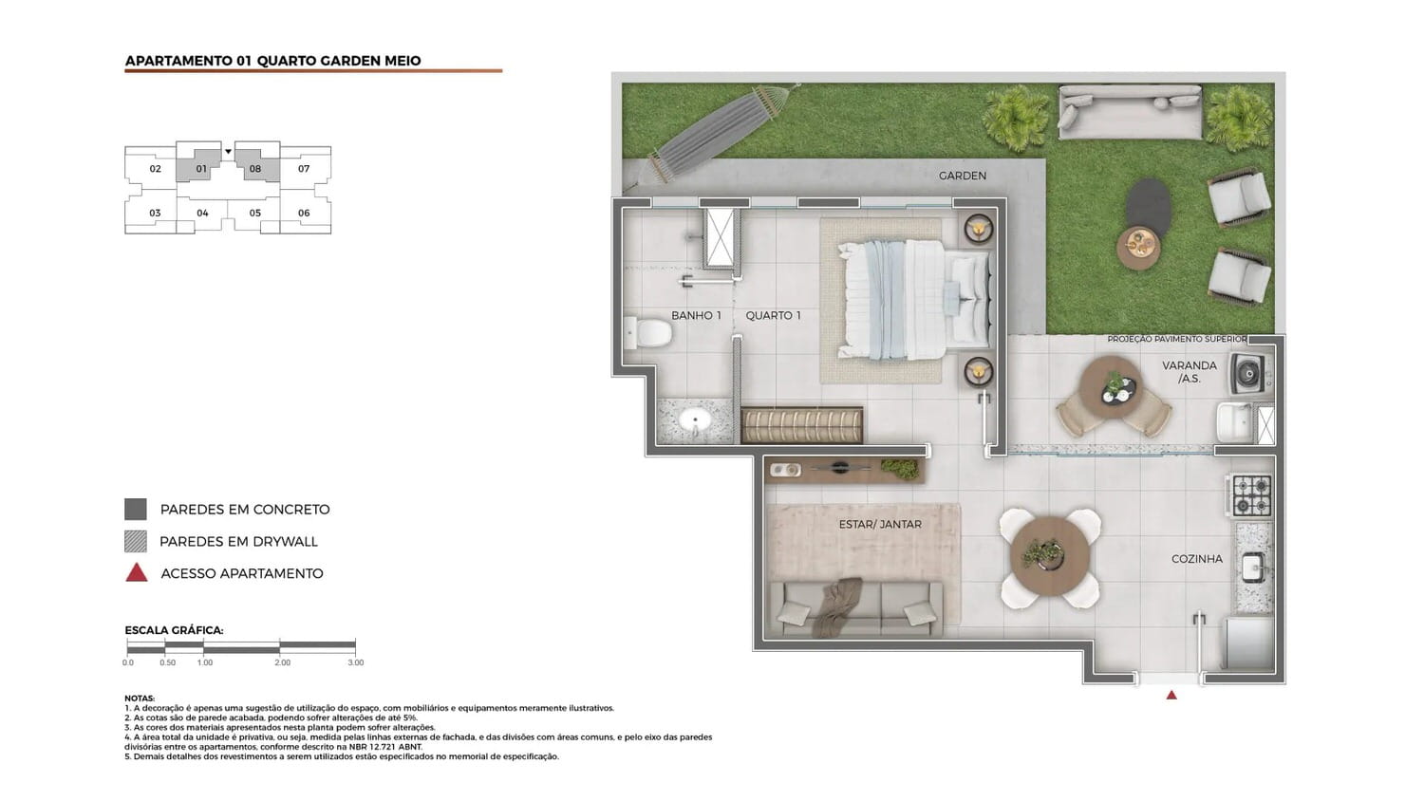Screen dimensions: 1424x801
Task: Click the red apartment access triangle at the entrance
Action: tap(1171, 695)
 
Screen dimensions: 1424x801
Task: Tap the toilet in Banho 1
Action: tap(647, 333)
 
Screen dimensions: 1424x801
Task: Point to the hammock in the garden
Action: tap(711, 137)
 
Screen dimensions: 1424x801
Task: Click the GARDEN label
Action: tap(963, 176)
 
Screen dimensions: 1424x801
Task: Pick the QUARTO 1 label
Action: tap(773, 315)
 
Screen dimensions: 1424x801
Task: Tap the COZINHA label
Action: tap(1197, 559)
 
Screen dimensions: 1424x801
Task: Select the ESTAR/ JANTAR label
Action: tap(880, 525)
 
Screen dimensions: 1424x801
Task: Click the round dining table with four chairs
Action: tap(1050, 557)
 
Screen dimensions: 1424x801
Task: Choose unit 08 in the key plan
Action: tap(255, 169)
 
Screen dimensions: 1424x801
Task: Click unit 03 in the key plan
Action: tap(155, 213)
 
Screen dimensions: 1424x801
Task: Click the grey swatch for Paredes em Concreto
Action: tap(136, 510)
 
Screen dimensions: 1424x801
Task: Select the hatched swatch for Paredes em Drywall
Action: tap(136, 541)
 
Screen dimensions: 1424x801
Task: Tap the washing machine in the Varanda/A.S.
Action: tap(1251, 373)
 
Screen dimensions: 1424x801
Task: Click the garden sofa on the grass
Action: tap(1130, 112)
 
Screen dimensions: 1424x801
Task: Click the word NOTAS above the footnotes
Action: tap(140, 698)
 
